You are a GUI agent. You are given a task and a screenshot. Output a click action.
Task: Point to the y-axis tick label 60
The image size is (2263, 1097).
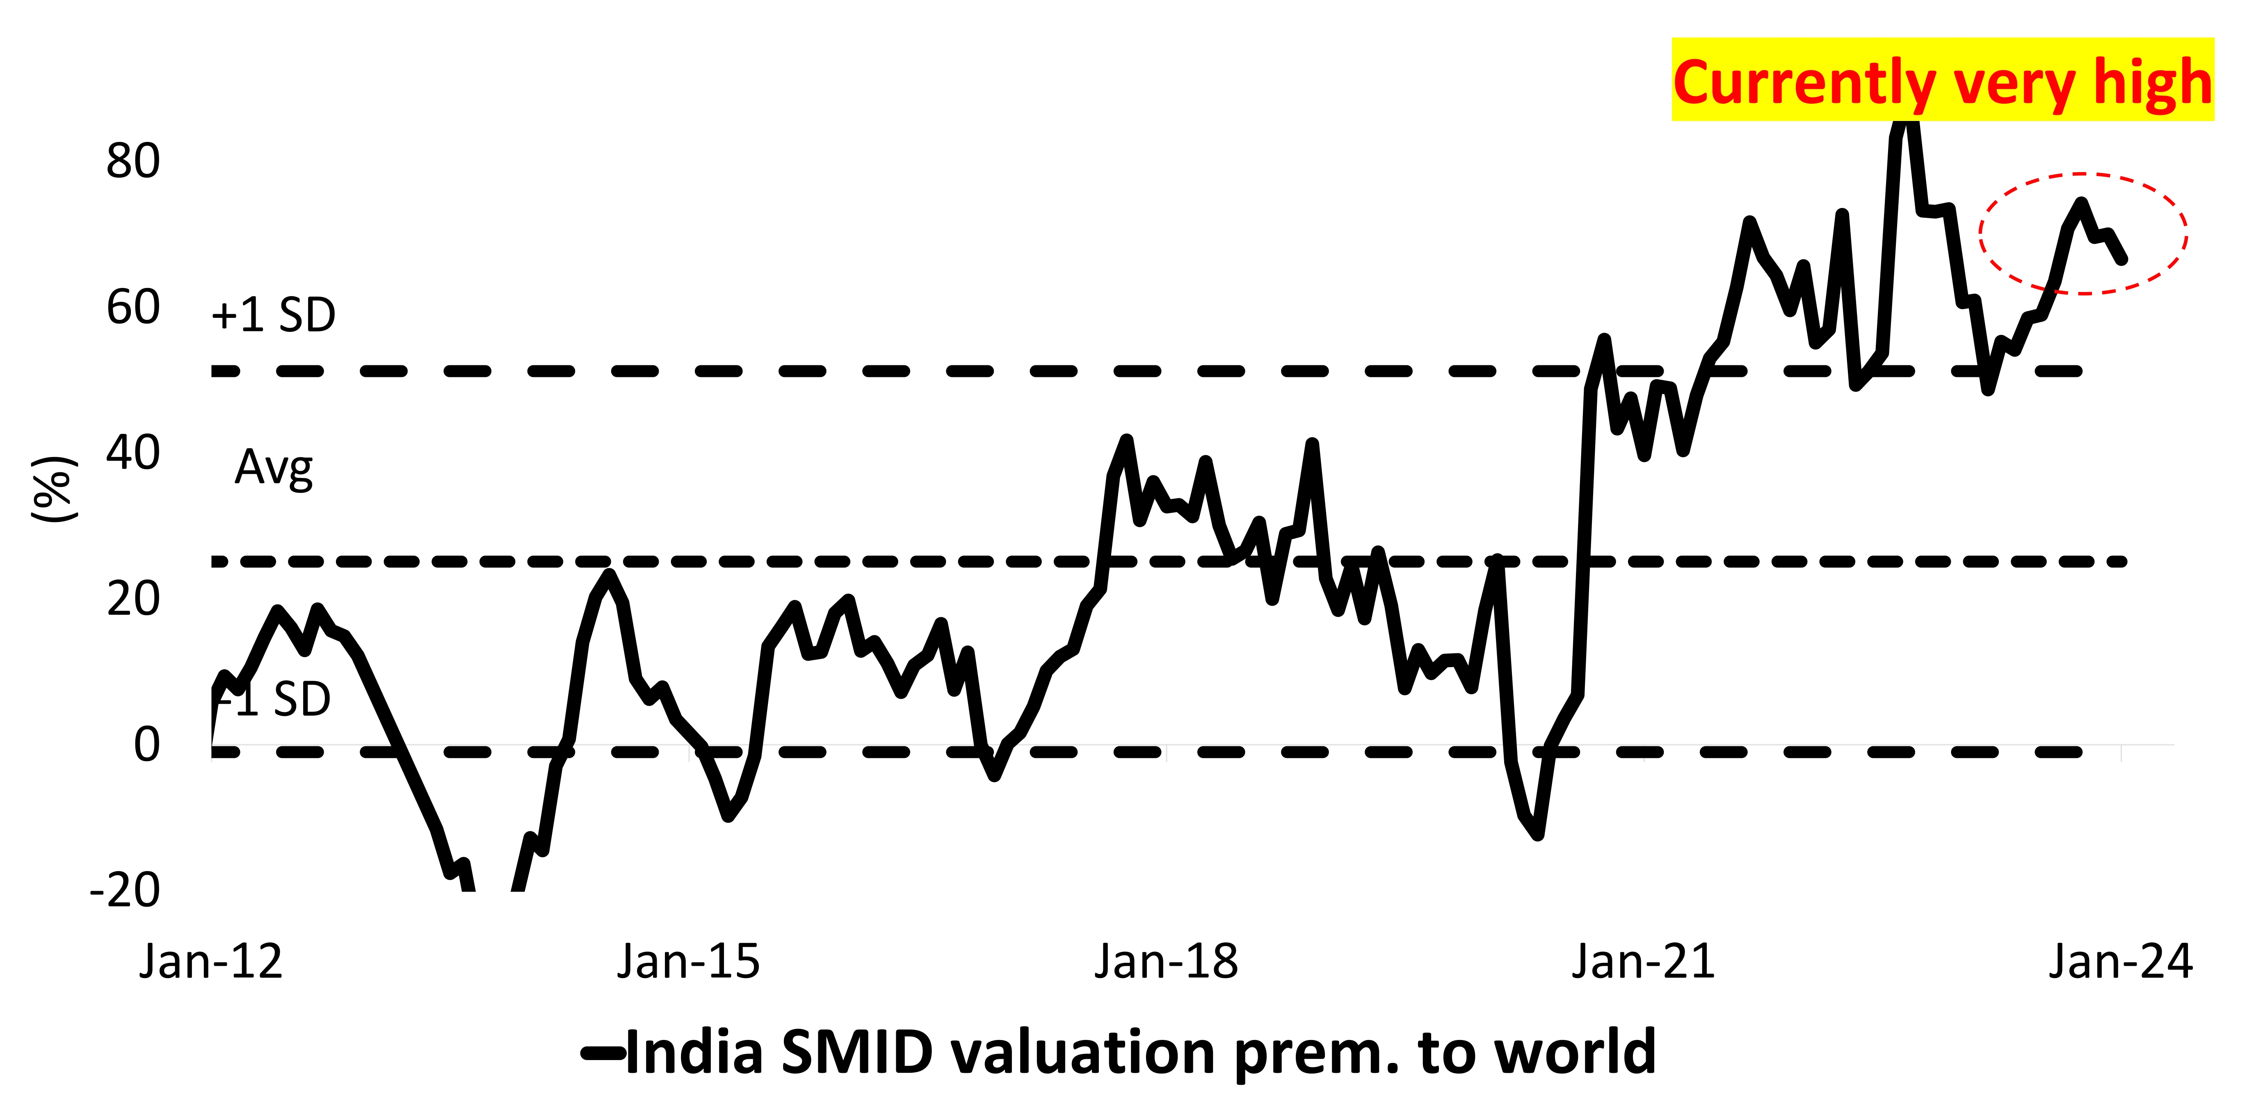pyautogui.click(x=134, y=308)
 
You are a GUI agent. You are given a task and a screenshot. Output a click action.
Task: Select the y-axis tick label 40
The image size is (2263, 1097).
pyautogui.click(x=134, y=453)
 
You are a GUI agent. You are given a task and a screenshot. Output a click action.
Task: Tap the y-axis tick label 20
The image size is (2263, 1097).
pyautogui.click(x=134, y=599)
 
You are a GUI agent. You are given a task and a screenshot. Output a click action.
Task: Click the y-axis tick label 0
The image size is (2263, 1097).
pyautogui.click(x=147, y=745)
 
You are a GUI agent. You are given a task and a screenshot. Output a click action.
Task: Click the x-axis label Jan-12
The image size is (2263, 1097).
pyautogui.click(x=211, y=962)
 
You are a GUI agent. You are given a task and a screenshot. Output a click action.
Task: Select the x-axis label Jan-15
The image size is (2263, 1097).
pyautogui.click(x=688, y=962)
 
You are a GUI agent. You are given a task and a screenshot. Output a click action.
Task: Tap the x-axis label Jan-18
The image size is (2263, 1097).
pyautogui.click(x=1166, y=962)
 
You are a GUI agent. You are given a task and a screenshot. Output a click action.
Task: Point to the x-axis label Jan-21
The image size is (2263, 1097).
pyautogui.click(x=1644, y=962)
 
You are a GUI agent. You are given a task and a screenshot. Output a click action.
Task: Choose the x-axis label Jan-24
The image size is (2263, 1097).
pyautogui.click(x=2121, y=962)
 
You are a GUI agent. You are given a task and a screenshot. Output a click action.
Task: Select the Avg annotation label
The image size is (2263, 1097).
pyautogui.click(x=273, y=468)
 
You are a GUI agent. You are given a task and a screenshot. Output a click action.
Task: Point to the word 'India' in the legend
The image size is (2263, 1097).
pyautogui.click(x=694, y=1052)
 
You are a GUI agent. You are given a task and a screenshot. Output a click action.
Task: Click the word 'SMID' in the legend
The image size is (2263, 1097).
pyautogui.click(x=856, y=1052)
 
